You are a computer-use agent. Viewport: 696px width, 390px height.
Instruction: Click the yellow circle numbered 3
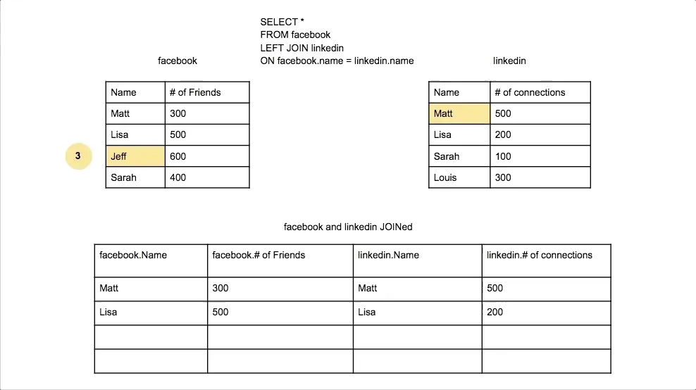point(78,156)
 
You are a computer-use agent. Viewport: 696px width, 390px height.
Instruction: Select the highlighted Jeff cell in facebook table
point(135,156)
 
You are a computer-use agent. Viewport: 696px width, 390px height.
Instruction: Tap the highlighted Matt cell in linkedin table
point(459,113)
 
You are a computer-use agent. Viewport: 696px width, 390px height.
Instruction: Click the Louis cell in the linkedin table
point(459,177)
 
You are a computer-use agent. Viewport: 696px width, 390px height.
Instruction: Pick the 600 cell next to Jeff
point(207,156)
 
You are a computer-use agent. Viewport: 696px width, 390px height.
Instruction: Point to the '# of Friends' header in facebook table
point(207,92)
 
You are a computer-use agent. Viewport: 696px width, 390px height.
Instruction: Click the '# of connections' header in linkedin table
point(540,92)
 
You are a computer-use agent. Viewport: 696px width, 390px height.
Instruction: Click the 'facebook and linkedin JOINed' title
point(347,227)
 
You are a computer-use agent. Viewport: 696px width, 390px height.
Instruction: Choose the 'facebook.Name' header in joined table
point(151,260)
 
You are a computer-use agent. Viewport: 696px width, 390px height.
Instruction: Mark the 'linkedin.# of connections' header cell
point(546,260)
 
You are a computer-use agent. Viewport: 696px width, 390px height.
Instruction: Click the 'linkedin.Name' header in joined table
point(417,260)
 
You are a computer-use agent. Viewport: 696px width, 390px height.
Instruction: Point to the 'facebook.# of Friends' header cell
point(280,260)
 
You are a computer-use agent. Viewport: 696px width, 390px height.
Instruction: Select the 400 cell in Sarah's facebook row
point(207,177)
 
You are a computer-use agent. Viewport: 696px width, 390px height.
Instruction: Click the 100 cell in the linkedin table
point(540,156)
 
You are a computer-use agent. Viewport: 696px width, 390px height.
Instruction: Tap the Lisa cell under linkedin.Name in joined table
point(417,312)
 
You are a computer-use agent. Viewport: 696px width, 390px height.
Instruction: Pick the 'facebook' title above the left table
point(178,61)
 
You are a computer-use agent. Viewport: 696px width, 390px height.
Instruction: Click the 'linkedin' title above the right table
point(509,61)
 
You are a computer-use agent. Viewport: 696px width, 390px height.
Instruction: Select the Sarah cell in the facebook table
point(135,177)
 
